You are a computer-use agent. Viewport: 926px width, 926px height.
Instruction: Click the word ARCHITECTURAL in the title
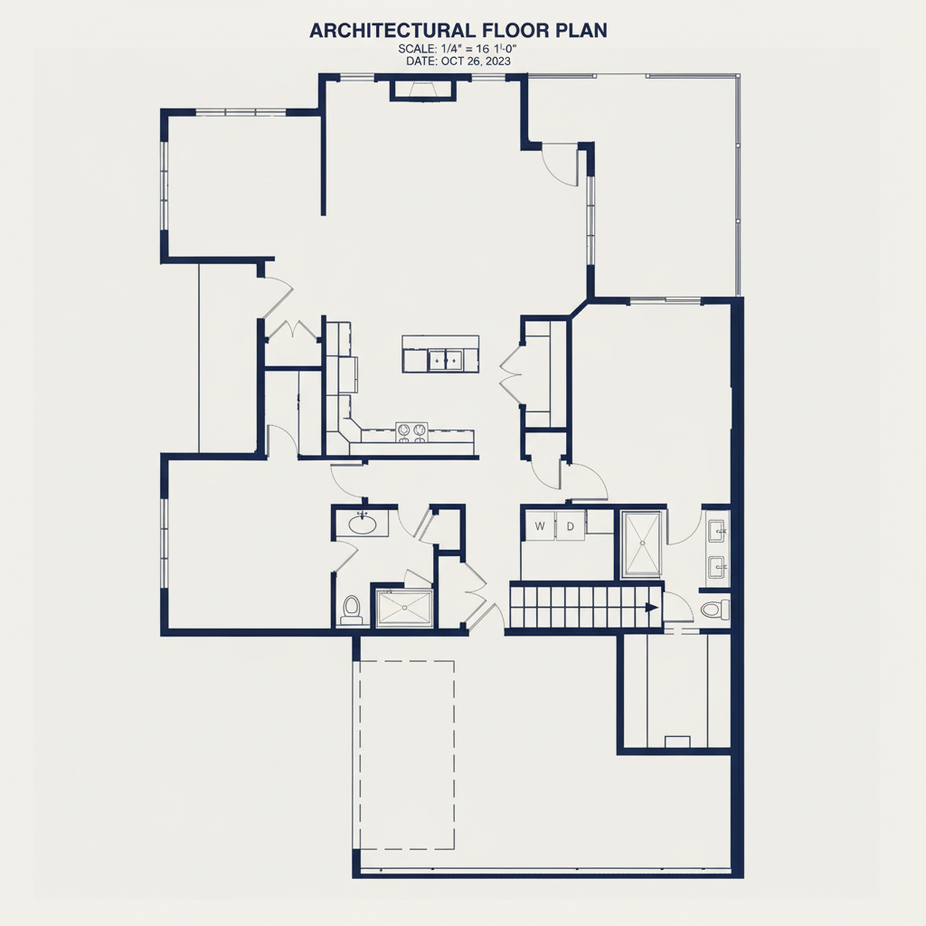tap(392, 31)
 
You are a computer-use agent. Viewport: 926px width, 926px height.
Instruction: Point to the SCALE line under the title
tap(458, 49)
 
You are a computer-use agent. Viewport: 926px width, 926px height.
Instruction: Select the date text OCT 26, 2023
tap(476, 61)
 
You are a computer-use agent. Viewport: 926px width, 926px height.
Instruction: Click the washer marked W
tap(539, 525)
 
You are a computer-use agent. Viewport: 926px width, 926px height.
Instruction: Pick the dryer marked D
tap(571, 525)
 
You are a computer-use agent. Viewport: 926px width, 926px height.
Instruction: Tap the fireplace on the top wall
tap(423, 90)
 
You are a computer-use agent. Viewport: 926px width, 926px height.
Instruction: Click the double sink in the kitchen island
tap(445, 358)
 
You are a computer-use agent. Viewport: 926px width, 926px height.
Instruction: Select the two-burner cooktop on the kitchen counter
tap(411, 431)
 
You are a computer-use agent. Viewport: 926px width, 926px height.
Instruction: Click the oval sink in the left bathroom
tap(362, 524)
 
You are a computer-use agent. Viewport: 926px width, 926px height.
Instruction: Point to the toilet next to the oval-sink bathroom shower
tap(352, 610)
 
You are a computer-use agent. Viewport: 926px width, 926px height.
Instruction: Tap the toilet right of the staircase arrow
tap(716, 609)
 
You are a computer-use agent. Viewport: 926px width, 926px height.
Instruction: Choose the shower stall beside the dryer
tap(642, 543)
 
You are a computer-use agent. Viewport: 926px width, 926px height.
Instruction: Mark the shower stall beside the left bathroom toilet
tap(404, 607)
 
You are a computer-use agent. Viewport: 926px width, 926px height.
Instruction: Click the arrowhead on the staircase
tap(652, 608)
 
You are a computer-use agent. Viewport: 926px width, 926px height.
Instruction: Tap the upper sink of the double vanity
tap(716, 531)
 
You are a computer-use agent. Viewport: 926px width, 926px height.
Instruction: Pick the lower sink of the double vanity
tap(716, 568)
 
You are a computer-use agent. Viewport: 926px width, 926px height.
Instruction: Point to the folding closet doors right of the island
tap(509, 374)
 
